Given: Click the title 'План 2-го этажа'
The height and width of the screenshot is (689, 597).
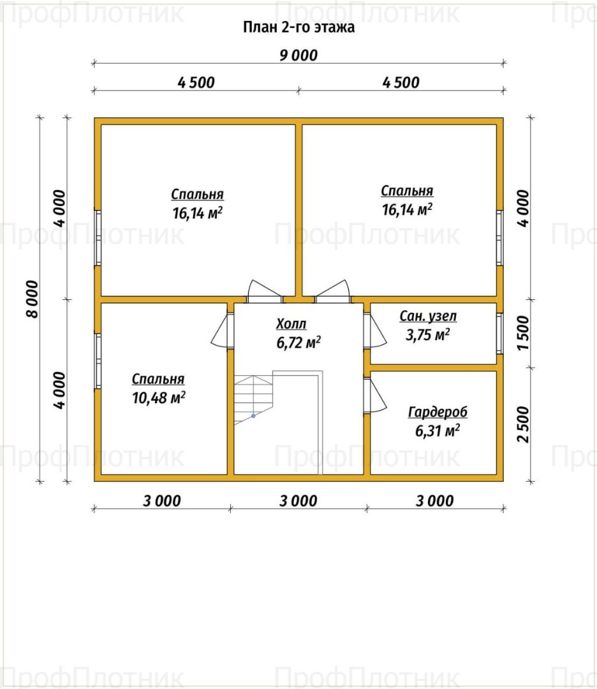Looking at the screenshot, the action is point(298,27).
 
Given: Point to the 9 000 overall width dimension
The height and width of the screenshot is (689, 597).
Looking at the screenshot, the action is point(298,56).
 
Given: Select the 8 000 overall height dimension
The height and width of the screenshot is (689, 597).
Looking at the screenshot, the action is point(33,299).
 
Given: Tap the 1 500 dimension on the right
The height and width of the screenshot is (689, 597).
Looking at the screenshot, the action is point(523,333).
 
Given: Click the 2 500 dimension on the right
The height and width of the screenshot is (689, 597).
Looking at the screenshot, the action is point(523,424).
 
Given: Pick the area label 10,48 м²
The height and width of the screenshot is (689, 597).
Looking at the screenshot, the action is point(159,397).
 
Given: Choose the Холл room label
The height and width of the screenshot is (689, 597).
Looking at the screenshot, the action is point(291,324).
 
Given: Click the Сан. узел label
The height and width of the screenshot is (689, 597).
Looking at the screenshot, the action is point(428,316).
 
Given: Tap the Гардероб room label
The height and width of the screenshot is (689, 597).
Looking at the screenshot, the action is point(438,412).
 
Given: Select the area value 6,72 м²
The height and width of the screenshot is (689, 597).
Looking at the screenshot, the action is point(298,343).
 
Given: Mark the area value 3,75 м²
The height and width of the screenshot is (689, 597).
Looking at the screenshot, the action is point(427,335).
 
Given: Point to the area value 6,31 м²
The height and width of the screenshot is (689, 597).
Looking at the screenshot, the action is point(438,431).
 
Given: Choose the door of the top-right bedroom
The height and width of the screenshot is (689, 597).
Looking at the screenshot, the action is point(332,290).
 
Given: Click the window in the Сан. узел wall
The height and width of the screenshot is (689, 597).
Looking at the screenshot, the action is point(500,333).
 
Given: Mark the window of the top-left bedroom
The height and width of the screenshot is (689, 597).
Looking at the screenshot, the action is point(98,238).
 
